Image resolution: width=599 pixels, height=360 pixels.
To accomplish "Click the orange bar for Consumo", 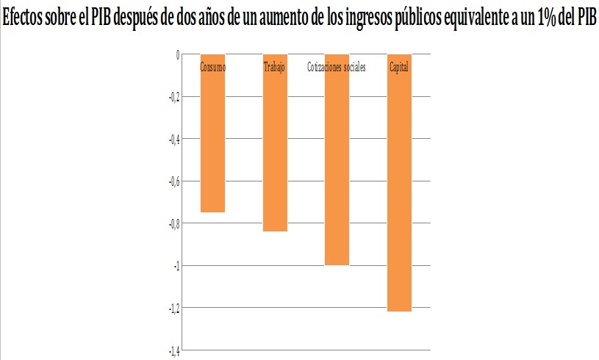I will coord(213,140).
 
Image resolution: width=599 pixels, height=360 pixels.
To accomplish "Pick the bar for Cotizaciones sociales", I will coord(337,169).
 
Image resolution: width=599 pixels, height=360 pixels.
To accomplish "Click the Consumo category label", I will coord(213,68).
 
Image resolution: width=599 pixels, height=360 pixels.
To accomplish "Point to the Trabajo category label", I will coord(275,68).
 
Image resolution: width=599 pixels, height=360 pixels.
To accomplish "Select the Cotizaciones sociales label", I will coord(336,68).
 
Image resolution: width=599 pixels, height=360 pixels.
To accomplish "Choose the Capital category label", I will coord(399,68).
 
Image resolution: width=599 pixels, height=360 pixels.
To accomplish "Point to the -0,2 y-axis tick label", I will coord(173,96).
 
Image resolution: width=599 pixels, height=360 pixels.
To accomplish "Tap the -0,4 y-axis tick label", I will coord(173,139).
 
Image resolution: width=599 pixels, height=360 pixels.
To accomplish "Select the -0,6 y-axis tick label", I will coord(173,181).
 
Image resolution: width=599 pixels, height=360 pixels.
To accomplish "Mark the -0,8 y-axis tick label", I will coord(173,223).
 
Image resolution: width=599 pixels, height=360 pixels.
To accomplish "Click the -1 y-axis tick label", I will coord(176,265).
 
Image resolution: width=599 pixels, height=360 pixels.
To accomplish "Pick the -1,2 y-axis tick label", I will coord(173,308).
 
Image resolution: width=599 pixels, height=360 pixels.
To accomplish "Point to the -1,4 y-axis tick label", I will coord(173,350).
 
